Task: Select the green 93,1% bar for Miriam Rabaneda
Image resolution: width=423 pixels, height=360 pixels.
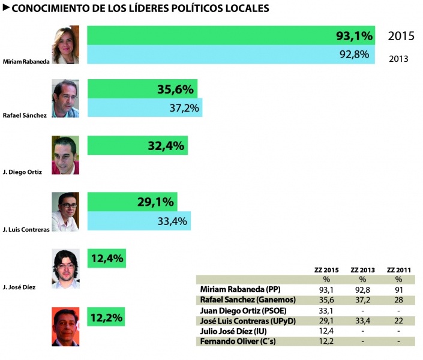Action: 231,35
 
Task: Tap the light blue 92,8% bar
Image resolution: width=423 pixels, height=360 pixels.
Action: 231,55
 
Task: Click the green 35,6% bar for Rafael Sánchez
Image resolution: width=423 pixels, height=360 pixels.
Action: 142,89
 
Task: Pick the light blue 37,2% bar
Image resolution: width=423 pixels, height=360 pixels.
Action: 145,108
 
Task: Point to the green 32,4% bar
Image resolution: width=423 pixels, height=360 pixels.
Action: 137,145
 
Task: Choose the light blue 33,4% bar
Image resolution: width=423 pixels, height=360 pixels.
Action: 139,221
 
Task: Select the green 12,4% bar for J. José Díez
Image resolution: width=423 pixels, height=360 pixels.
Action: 107,259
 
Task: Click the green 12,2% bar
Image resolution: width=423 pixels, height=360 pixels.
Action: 106,317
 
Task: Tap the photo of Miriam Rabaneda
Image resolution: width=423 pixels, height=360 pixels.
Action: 65,45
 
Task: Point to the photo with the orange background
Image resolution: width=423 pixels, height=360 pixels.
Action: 65,327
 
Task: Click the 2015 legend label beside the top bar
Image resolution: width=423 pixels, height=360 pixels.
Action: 401,36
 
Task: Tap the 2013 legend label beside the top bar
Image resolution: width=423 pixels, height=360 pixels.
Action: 398,59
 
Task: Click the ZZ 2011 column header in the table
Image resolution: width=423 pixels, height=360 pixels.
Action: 398,270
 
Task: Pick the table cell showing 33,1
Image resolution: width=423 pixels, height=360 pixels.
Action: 327,311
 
